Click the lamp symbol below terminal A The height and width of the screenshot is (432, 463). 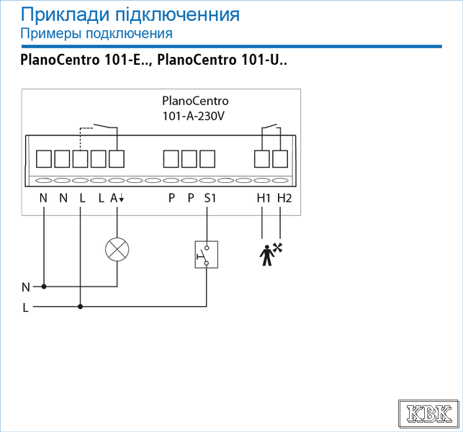coord(117,250)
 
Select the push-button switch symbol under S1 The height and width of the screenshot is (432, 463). coord(207,255)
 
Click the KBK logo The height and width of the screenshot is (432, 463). coord(428,414)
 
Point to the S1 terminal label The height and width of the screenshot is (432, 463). coord(210,198)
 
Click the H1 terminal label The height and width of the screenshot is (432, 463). coord(264,198)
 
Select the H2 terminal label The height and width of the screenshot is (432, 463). coord(284,198)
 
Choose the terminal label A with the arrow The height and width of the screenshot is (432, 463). coord(117,198)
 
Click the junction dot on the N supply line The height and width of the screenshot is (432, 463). coord(44,287)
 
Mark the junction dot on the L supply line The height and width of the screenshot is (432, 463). coord(81,307)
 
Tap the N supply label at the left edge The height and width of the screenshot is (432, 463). coord(26,287)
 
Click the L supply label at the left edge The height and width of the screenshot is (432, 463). coord(26,308)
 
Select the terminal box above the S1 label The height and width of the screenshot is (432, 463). coord(207,159)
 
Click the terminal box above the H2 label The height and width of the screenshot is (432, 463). coord(280,159)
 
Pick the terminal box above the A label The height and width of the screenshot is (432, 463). coord(117,159)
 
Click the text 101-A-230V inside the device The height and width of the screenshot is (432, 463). coord(194,116)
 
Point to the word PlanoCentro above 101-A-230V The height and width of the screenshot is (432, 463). coord(195,101)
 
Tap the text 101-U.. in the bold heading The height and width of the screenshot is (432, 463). coord(264,60)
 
